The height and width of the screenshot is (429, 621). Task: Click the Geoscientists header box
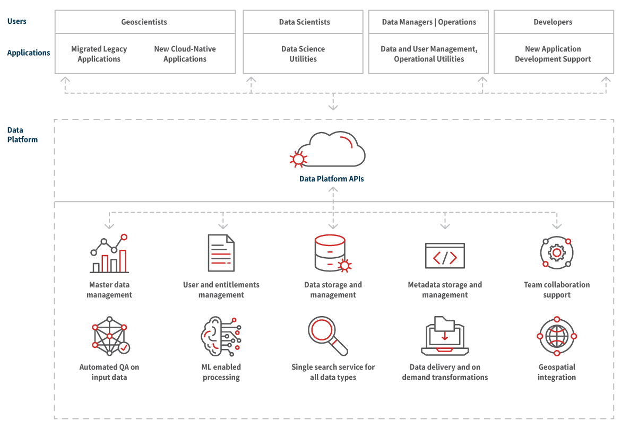[144, 22]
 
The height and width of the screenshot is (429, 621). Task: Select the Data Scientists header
[304, 22]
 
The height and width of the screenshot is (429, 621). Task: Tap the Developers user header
[553, 22]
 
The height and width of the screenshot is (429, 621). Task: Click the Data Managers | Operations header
[429, 22]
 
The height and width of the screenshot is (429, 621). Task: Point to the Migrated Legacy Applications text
[99, 54]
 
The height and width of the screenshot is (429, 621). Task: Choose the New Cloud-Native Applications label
[185, 54]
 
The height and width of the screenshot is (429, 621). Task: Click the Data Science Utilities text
[303, 54]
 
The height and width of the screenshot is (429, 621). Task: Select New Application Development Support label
[553, 54]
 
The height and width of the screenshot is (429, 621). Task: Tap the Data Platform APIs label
[332, 179]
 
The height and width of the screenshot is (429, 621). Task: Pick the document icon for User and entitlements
[221, 253]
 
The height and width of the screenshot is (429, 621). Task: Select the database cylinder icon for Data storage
[331, 253]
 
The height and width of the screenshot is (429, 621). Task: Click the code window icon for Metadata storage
[445, 255]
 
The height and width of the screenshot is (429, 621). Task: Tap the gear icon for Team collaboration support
[556, 253]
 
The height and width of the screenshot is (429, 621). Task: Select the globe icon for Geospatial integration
[557, 336]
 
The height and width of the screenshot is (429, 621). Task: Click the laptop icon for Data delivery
[445, 337]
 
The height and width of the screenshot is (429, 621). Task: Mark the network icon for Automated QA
[110, 336]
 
